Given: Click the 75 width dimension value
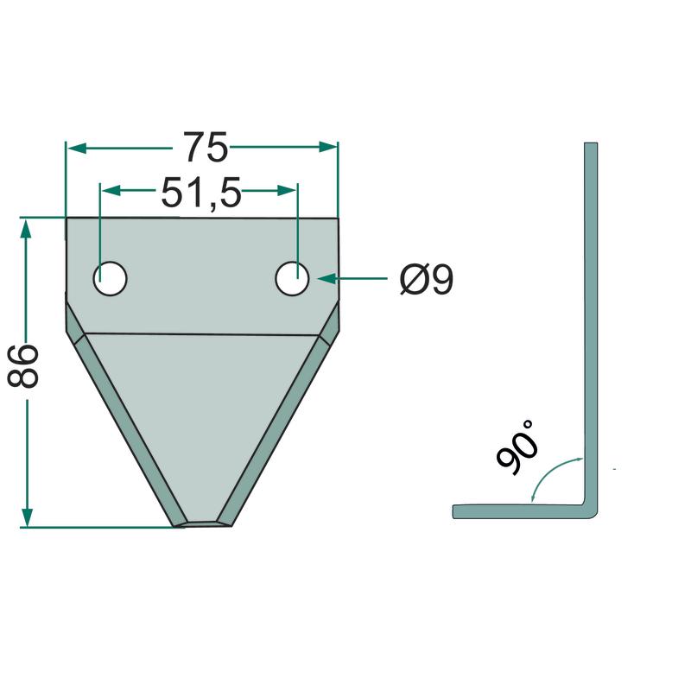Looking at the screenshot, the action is tap(206, 147).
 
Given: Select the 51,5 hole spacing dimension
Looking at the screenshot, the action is tap(201, 192).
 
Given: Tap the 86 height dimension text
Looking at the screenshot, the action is tap(23, 366).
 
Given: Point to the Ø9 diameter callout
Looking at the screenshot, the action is tap(427, 279).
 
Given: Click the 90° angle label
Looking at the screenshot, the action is tap(517, 447).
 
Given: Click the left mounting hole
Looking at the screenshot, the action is tap(111, 278).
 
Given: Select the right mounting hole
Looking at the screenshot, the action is tap(292, 278).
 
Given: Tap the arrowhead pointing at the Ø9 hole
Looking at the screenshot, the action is tap(327, 279).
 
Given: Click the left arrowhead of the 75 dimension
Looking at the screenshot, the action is tap(76, 147).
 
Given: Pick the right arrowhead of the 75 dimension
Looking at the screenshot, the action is tap(328, 147).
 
